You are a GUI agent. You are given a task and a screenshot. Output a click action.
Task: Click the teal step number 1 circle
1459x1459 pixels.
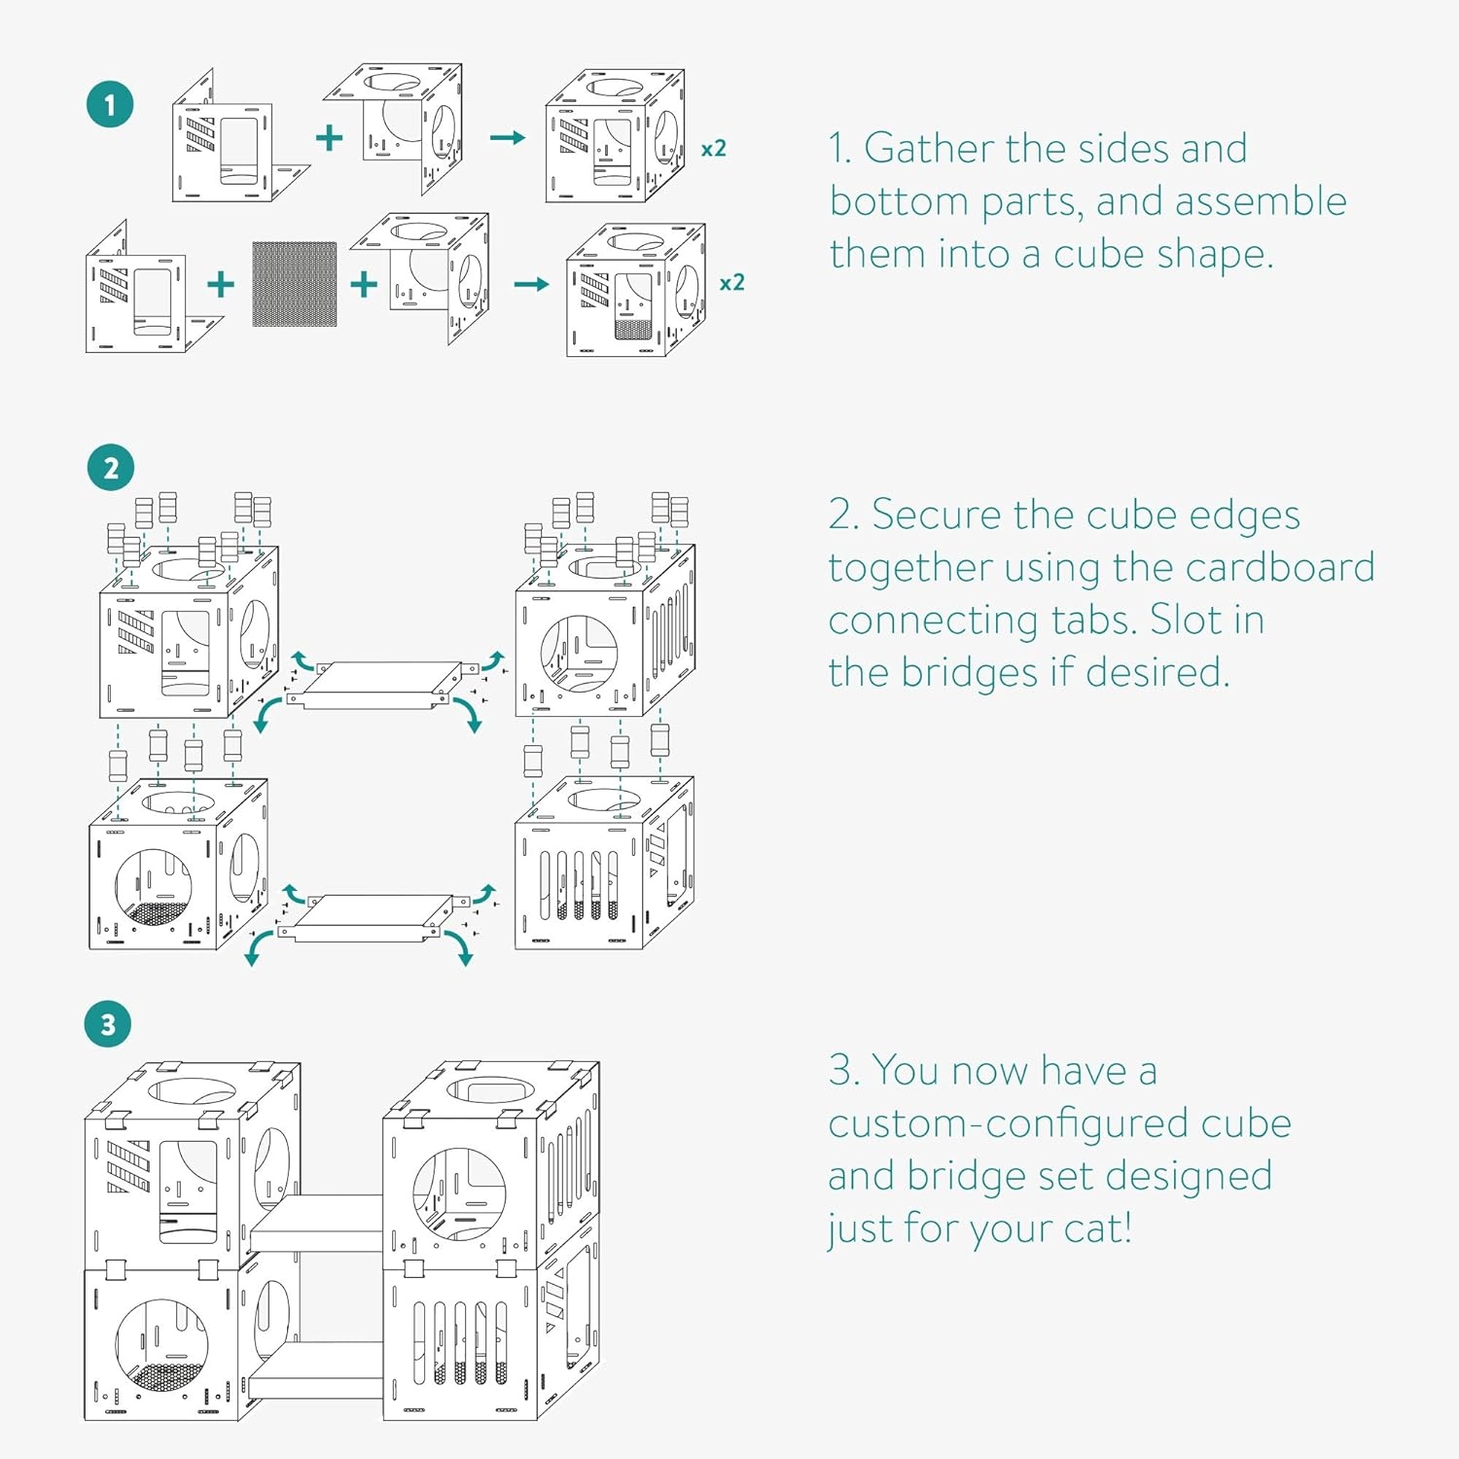(110, 105)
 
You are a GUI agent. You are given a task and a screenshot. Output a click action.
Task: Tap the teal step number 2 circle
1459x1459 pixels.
(110, 468)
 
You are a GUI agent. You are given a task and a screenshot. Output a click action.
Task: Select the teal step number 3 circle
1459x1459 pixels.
(108, 1024)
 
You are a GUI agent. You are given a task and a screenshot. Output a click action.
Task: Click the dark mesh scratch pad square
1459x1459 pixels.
(295, 284)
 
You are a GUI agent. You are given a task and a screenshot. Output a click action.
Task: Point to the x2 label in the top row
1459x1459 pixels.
(714, 149)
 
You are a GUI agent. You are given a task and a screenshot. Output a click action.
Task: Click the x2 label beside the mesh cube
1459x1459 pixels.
(731, 283)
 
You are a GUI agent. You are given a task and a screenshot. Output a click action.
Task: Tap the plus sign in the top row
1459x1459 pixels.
(330, 137)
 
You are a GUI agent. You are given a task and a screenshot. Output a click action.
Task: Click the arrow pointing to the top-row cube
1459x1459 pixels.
(507, 138)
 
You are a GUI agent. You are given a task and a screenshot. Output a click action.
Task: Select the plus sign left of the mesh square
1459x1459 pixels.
(221, 284)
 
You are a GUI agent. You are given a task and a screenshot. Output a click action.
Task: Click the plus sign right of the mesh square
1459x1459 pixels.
(364, 284)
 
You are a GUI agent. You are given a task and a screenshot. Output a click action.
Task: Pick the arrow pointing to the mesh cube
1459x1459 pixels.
(531, 284)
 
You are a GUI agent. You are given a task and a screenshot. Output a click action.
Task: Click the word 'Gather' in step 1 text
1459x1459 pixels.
(928, 149)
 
